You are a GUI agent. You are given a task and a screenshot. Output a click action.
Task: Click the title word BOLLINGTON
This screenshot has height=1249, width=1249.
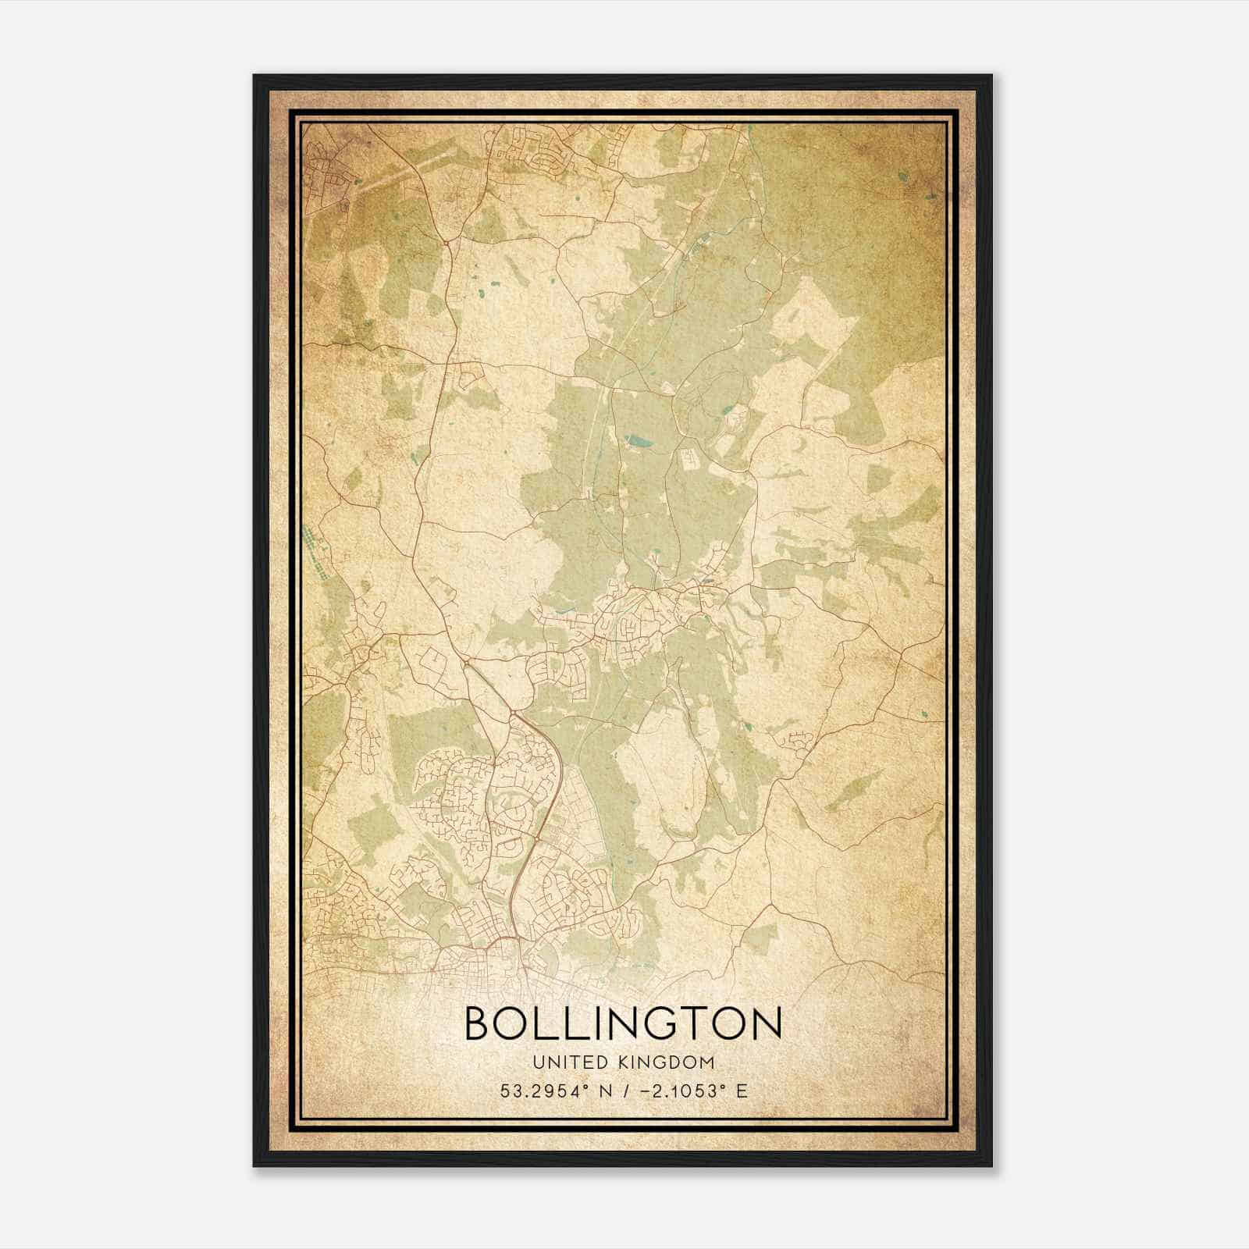(623, 1023)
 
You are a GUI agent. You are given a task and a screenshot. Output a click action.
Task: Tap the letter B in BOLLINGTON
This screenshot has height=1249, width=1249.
(479, 1023)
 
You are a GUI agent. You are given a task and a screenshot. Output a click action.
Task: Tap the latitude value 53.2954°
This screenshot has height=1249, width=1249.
(544, 1091)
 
